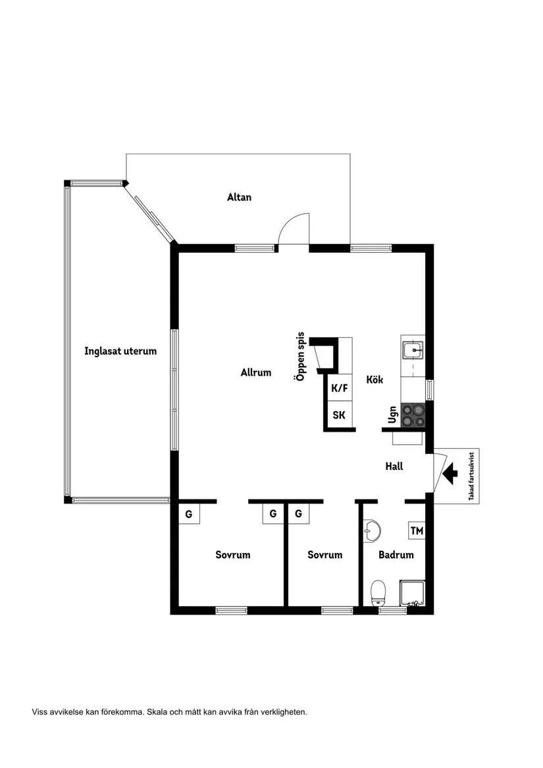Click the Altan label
coord(239,197)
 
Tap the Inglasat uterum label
coord(120,351)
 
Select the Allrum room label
coord(256,372)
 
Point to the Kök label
coord(375,380)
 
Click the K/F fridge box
coord(340,388)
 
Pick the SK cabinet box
coord(340,415)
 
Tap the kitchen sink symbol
coord(413,351)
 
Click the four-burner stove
coord(413,415)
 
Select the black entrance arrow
coord(450,474)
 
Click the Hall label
coord(394,467)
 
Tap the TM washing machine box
coord(417,530)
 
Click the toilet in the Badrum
coord(378,593)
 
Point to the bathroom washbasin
coord(373,530)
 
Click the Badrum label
coord(396,555)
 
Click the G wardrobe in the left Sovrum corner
coord(189,514)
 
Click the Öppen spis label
coord(300,357)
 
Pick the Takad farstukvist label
coord(471,476)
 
